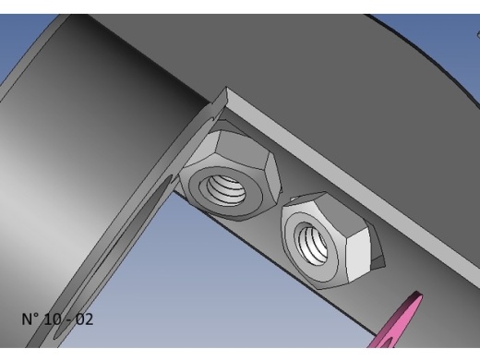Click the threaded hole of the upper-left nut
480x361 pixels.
click(226, 189)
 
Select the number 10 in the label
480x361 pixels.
click(53, 319)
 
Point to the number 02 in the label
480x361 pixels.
click(84, 319)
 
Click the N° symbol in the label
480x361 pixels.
click(31, 319)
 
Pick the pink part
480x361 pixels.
click(396, 320)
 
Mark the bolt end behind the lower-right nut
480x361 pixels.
click(378, 247)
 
